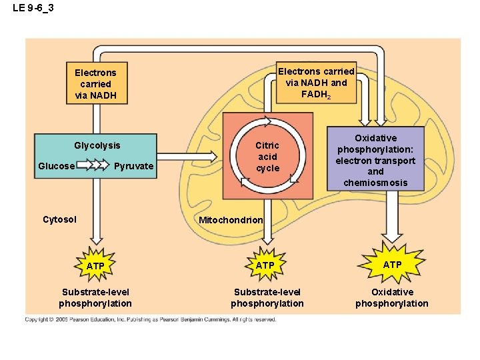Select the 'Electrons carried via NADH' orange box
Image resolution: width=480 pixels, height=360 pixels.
pyautogui.click(x=95, y=84)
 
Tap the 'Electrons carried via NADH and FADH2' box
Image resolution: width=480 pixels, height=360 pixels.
pyautogui.click(x=316, y=83)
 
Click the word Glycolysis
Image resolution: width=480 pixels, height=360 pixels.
pyautogui.click(x=97, y=145)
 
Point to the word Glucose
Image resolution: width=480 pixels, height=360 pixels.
pyautogui.click(x=56, y=166)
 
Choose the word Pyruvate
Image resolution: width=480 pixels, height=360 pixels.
pyautogui.click(x=134, y=166)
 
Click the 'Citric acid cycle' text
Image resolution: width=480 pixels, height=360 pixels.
pyautogui.click(x=267, y=157)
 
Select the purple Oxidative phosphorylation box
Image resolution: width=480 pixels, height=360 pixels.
pyautogui.click(x=375, y=160)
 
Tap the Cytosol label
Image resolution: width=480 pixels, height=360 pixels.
pyautogui.click(x=59, y=219)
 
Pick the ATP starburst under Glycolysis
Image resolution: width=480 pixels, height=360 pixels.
pyautogui.click(x=95, y=266)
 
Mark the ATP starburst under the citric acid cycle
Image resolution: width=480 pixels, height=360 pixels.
pyautogui.click(x=265, y=265)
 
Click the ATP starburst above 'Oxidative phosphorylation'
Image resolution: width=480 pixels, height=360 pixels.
pyautogui.click(x=392, y=265)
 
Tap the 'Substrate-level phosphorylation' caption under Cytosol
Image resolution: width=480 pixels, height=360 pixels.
pyautogui.click(x=95, y=298)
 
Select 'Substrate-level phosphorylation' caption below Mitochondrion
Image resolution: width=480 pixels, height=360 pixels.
pyautogui.click(x=267, y=298)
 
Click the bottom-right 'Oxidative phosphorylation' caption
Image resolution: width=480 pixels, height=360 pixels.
pyautogui.click(x=392, y=298)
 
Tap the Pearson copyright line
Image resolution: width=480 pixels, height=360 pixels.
pyautogui.click(x=150, y=320)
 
